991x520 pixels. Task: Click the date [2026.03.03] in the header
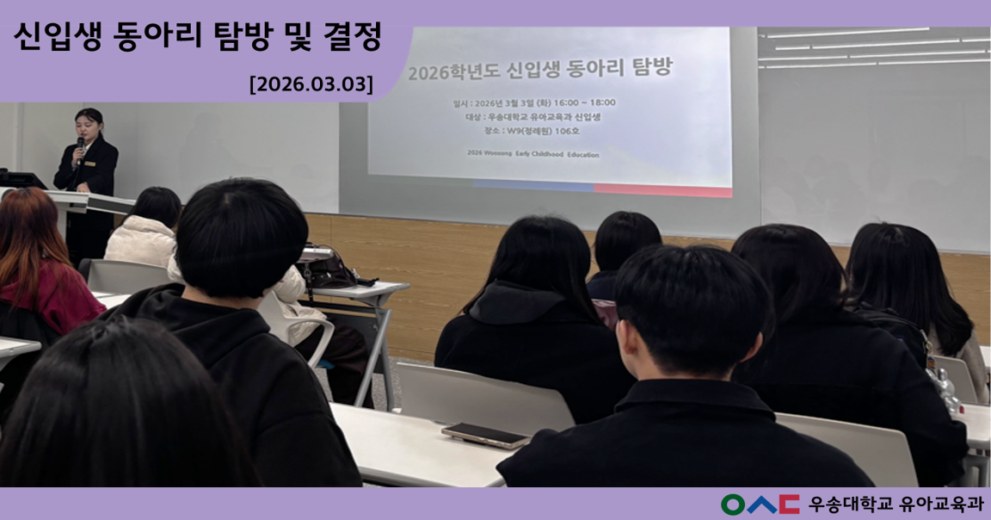[x=311, y=84]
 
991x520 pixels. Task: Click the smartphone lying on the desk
[x=485, y=435]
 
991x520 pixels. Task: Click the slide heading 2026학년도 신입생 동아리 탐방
[x=539, y=70]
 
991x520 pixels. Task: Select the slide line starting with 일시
[x=538, y=102]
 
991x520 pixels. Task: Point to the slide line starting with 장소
[x=532, y=131]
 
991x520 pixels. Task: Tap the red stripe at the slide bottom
[x=662, y=189]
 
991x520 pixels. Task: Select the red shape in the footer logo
[x=788, y=505]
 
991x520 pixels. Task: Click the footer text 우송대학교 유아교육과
[x=896, y=505]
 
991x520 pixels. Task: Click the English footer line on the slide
[x=532, y=154]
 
